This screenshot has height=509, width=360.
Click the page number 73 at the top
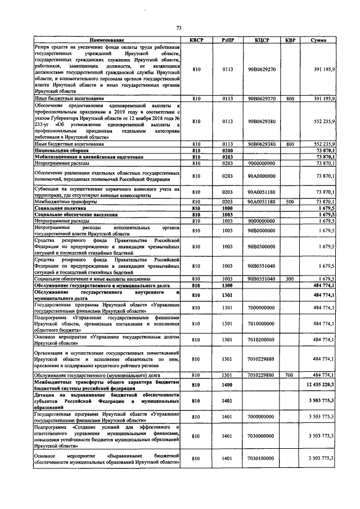(179, 28)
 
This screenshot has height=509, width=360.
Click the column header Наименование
(107, 40)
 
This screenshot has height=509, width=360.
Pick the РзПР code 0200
(227, 151)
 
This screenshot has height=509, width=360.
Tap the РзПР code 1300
(227, 286)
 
